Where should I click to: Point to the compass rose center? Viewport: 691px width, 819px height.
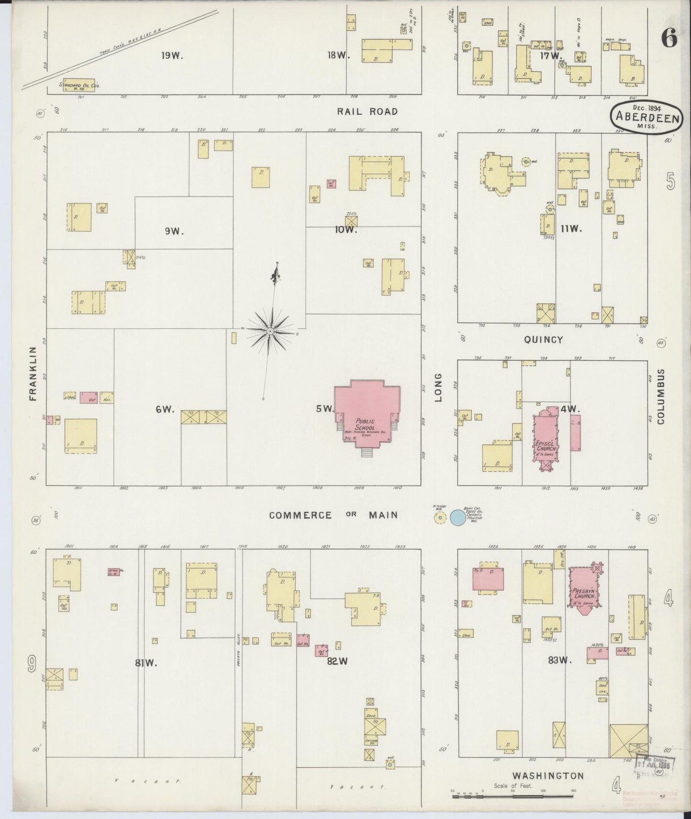coord(270,331)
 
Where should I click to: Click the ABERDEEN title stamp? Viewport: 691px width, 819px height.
coord(647,118)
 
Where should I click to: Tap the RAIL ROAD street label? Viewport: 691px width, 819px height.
coord(367,112)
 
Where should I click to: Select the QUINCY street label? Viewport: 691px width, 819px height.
coord(543,340)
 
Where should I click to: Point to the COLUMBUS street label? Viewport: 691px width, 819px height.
coord(660,396)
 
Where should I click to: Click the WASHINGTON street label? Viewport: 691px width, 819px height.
coord(548,776)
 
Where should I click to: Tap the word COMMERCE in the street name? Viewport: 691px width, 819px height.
coord(300,515)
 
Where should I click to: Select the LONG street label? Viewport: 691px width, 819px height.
coord(439,388)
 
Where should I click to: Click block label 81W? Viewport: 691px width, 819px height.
coord(146,662)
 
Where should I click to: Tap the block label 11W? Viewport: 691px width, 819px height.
coord(571,228)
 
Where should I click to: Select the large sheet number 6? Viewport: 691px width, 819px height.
coord(669,39)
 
